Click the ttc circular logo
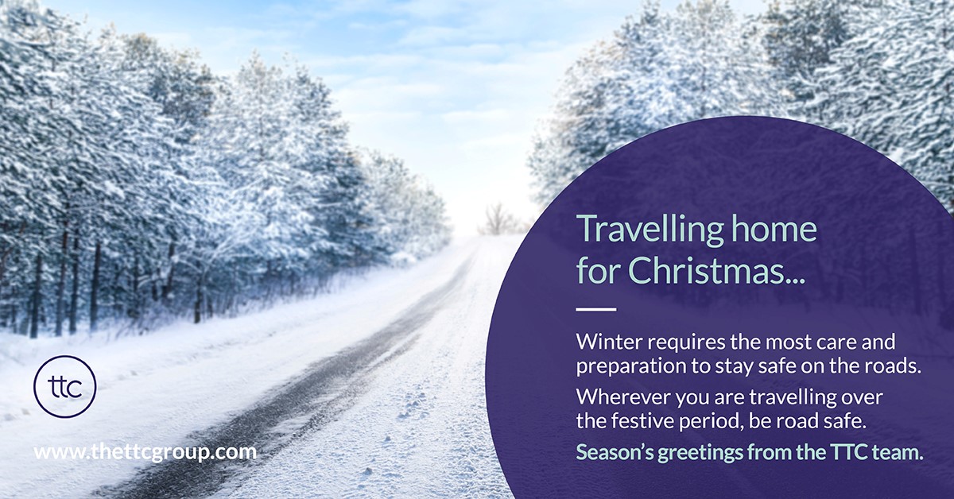65,387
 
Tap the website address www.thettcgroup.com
145,452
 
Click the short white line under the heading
596,309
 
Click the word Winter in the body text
606,342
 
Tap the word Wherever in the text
615,396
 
